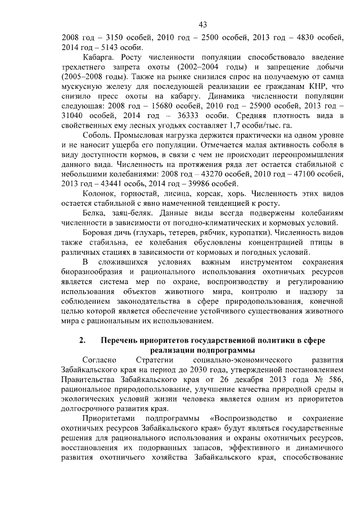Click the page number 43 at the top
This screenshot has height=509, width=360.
(203, 24)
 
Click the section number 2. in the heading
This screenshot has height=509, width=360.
(82, 341)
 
